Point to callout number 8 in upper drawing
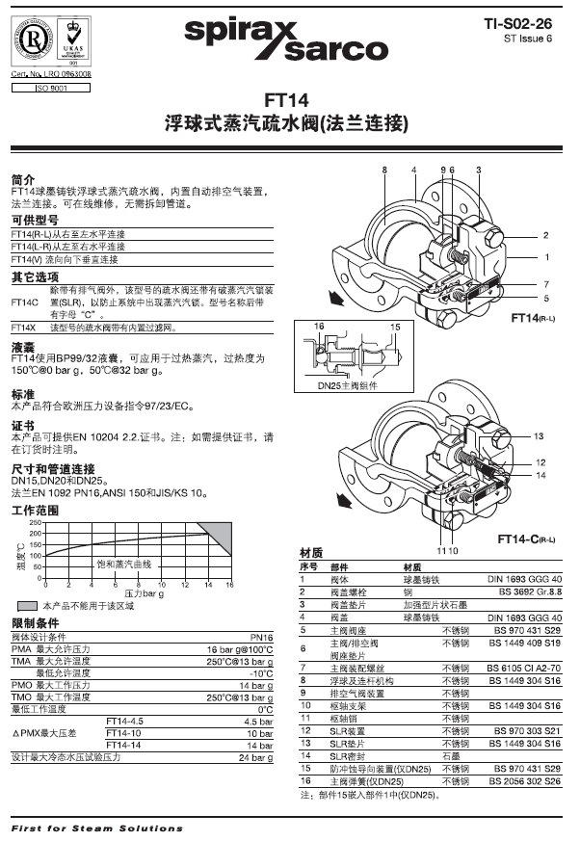(x=383, y=170)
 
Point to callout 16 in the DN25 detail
(x=319, y=329)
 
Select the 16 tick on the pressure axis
(x=229, y=585)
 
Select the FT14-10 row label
(x=122, y=733)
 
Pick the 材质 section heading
(x=311, y=553)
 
